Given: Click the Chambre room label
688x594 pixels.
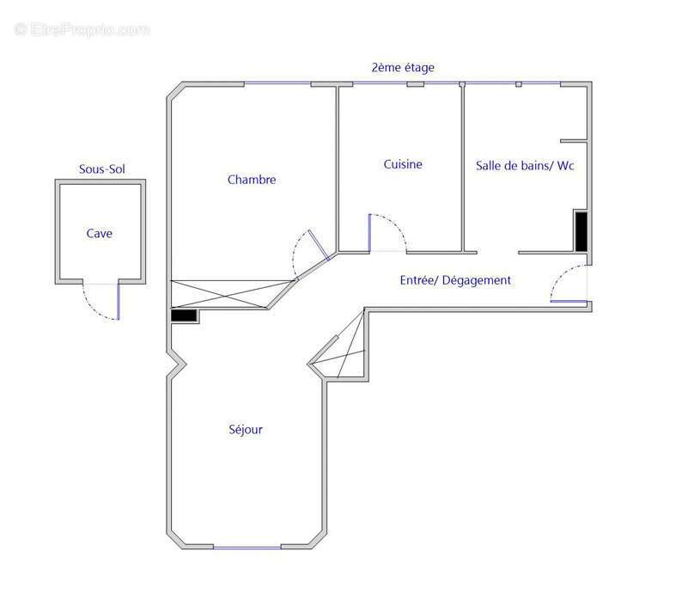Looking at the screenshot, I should (x=252, y=180).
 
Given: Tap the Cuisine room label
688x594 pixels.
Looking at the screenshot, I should (x=403, y=164).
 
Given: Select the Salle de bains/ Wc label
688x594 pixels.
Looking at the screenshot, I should (x=525, y=165).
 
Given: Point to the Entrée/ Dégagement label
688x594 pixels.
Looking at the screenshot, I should (x=455, y=280).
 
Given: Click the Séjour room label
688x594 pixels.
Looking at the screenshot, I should (x=246, y=430).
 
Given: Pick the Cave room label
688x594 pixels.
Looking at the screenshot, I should (x=99, y=233).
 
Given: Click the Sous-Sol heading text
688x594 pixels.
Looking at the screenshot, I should (x=101, y=169).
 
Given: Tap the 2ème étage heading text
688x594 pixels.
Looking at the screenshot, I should (x=403, y=67).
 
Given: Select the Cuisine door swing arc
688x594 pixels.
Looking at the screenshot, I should (x=389, y=230).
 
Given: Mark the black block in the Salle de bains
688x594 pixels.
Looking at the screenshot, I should (x=581, y=230).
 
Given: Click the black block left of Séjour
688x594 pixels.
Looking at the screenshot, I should (x=184, y=315).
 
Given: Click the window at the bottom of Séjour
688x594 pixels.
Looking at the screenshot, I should (x=247, y=547).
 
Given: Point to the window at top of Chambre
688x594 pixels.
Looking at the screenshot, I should (x=277, y=83).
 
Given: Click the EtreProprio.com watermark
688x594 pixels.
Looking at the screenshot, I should (x=82, y=29).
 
